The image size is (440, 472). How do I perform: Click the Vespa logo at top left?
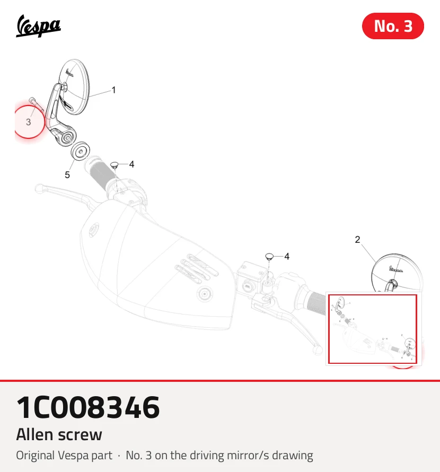[x=38, y=26]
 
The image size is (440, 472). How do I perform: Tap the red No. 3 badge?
[x=393, y=26]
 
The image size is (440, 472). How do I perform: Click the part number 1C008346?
[x=88, y=407]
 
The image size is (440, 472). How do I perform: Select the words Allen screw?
[x=59, y=435]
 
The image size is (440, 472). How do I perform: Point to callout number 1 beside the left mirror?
[x=113, y=90]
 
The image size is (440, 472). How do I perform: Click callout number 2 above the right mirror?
[x=357, y=240]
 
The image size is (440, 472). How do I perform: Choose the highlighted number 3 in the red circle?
[x=28, y=122]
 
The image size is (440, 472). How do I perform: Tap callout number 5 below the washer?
[x=67, y=175]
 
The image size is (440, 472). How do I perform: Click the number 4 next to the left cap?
[x=131, y=164]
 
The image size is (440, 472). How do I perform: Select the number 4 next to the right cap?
[x=287, y=257]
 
